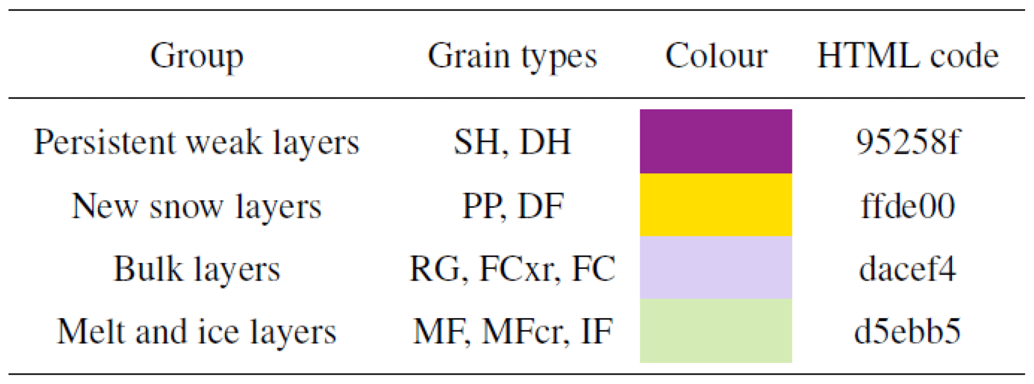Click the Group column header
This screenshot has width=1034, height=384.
click(x=197, y=56)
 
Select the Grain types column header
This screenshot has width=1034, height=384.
click(x=512, y=56)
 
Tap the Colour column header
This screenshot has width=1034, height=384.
click(x=716, y=56)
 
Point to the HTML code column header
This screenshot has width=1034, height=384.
click(x=907, y=56)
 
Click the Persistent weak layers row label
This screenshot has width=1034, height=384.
click(x=197, y=142)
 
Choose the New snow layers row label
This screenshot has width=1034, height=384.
click(x=197, y=206)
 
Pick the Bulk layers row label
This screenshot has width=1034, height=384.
click(x=197, y=269)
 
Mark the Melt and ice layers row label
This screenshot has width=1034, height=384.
click(x=197, y=331)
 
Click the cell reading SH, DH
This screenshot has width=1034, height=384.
click(x=512, y=142)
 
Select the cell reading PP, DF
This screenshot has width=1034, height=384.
click(x=512, y=206)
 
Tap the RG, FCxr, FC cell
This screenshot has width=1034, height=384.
click(x=512, y=269)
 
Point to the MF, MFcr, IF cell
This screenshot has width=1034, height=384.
click(x=512, y=331)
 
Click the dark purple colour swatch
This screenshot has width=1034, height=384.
click(x=716, y=141)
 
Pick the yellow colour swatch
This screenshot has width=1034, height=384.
click(x=716, y=204)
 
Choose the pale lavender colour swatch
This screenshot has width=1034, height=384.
click(x=716, y=267)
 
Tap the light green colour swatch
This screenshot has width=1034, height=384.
click(x=716, y=330)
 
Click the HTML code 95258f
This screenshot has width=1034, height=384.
click(x=907, y=142)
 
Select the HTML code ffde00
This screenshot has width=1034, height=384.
click(x=907, y=206)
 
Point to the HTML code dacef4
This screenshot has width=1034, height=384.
click(x=907, y=269)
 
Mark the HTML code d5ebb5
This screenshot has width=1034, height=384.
click(x=907, y=331)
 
